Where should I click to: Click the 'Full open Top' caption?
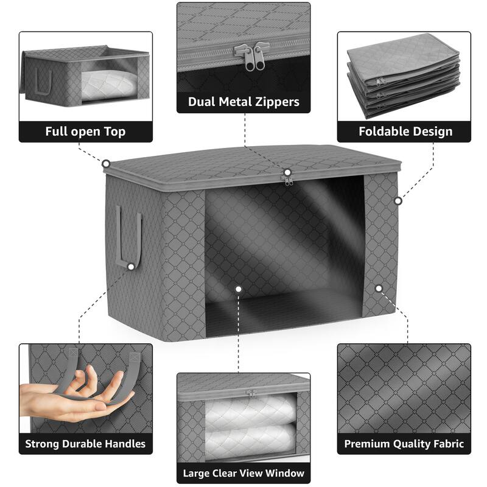coord(85,131)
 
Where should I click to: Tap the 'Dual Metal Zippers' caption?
coord(243,102)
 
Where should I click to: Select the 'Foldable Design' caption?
coord(405,131)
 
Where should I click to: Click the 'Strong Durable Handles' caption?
coord(85,444)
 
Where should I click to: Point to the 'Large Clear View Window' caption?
coord(243,472)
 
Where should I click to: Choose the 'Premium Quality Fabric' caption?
coord(404,444)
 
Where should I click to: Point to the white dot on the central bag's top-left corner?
coord(106,163)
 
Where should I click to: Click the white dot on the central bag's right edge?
coord(398,200)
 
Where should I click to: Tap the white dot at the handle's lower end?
coord(131,266)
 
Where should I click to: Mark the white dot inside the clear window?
coord(239,289)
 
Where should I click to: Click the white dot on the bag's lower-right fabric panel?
coord(379,289)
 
